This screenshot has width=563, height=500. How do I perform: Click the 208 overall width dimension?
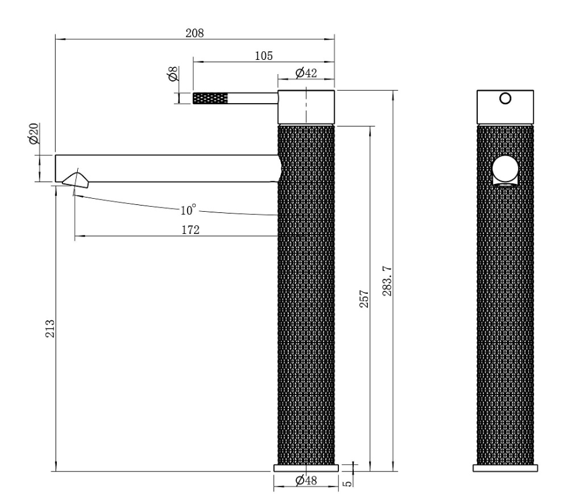pos(195,33)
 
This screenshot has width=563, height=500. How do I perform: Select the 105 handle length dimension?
pos(264,55)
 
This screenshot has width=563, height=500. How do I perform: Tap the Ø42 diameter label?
pos(306,73)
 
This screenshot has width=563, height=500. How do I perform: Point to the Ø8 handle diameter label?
pos(173,77)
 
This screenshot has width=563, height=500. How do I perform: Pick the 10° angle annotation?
pos(186,210)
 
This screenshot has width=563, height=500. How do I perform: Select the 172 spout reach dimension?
pos(190,230)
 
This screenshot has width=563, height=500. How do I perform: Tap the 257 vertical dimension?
pos(364,299)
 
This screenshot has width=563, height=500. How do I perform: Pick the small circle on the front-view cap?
pos(505,98)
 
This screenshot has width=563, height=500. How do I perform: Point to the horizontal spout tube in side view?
pos(167,168)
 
